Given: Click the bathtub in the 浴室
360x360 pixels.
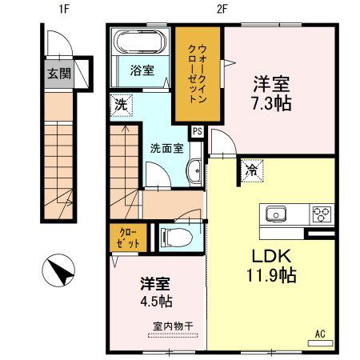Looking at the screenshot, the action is coord(140,42).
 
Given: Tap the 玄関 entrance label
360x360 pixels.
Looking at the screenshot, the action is coord(59,73).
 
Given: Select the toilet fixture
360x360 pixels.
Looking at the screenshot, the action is coord(176,238).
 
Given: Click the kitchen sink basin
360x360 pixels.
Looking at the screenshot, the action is coord(276,214).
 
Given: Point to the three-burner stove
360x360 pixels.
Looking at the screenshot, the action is coord(322,214).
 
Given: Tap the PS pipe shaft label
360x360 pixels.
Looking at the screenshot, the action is coord(198,131).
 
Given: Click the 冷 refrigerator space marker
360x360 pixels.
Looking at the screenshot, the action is coord(252,171).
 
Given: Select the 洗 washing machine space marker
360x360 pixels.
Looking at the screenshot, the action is coord(122,106).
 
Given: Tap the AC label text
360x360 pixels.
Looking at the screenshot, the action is coord(320,334).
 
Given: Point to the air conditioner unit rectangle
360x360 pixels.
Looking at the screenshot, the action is coord(320,343).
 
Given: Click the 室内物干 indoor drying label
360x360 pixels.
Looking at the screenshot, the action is coord(173,326).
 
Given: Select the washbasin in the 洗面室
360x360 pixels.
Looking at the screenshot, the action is coord(194,170).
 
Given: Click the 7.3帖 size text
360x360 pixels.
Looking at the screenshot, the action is coord(271,104).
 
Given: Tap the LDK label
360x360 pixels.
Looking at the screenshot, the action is coord(271,256).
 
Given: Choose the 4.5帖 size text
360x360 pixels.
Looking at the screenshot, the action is coord(156,302).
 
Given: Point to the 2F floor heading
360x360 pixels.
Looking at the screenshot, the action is coord(222,10).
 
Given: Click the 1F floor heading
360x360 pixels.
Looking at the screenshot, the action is coord(64,10).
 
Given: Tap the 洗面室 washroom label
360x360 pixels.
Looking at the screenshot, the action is coord(166,149).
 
